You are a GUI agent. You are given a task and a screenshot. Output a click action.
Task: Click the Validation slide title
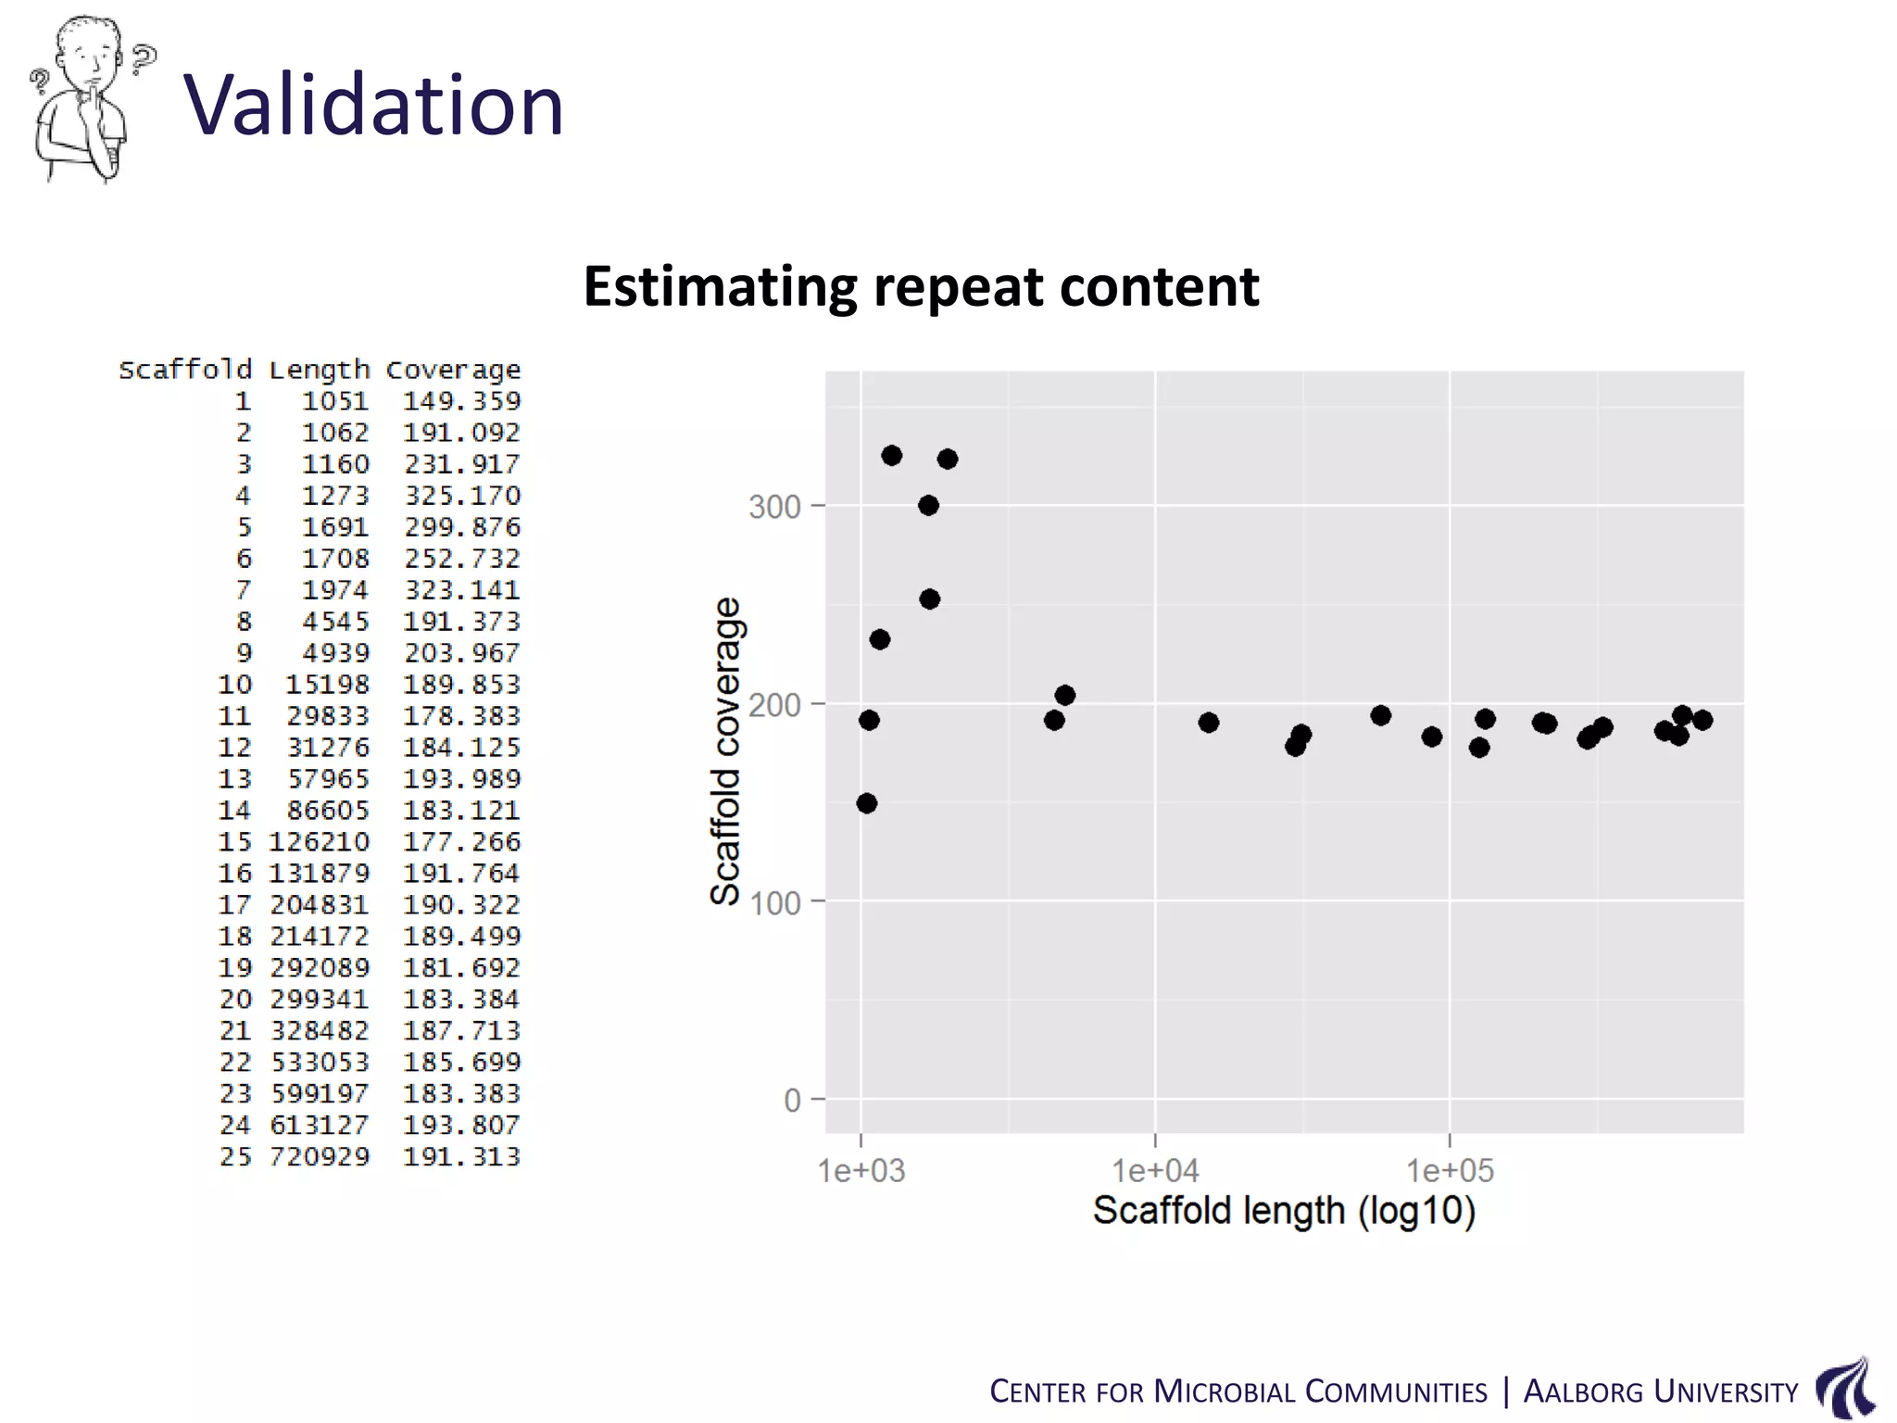point(374,105)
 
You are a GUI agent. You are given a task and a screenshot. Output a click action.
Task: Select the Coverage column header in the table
point(453,370)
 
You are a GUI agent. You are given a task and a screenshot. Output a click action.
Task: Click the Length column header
point(319,370)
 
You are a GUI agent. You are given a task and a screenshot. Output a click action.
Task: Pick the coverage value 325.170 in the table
point(462,496)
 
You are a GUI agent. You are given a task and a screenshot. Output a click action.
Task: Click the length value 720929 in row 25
point(320,1156)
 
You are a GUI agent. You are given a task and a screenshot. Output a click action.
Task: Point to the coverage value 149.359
point(462,401)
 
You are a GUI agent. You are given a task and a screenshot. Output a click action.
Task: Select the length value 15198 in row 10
point(327,685)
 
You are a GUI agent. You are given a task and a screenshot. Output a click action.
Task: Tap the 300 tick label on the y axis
point(773,507)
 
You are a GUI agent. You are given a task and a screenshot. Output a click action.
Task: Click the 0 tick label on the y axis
point(792,1101)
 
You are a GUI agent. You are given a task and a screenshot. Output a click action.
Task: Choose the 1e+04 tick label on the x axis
point(1155,1171)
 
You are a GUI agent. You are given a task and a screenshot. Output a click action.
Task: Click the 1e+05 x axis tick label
point(1450,1171)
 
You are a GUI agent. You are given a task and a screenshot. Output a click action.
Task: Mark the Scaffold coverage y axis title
point(725,750)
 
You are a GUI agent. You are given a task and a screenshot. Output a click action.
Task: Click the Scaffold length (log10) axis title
point(1284,1211)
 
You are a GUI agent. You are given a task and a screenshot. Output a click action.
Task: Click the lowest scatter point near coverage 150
point(867,803)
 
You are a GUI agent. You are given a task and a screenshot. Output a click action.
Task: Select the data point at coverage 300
point(928,505)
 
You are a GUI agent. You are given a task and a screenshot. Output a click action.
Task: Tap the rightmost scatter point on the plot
point(1702,720)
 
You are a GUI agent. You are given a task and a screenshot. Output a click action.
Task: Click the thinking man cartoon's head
point(88,51)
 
